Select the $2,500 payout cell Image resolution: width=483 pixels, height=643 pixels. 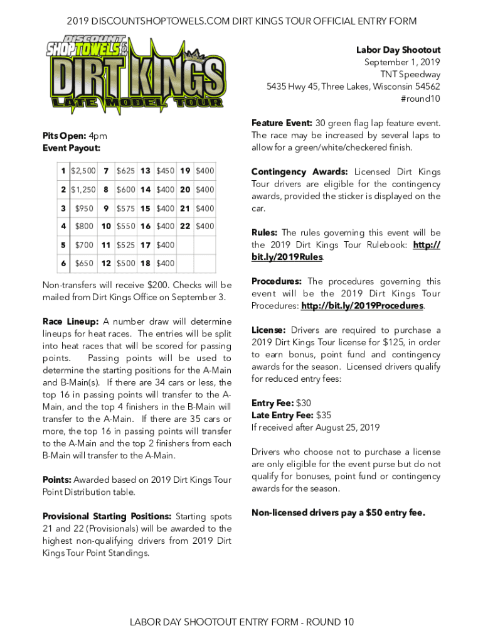[83, 171]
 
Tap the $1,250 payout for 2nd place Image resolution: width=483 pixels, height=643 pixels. [83, 190]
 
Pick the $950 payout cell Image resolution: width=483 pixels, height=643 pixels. [83, 208]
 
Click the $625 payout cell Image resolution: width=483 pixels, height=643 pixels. [125, 171]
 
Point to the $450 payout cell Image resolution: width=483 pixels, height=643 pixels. [166, 171]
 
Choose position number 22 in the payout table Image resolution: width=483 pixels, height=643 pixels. [185, 226]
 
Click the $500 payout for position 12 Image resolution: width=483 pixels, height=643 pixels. [125, 263]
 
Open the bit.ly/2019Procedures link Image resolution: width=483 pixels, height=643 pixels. [362, 306]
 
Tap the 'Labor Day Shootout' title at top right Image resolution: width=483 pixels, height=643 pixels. [398, 50]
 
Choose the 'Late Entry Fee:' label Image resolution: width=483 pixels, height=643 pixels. [283, 415]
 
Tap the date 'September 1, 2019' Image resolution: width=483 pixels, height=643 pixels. [402, 62]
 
